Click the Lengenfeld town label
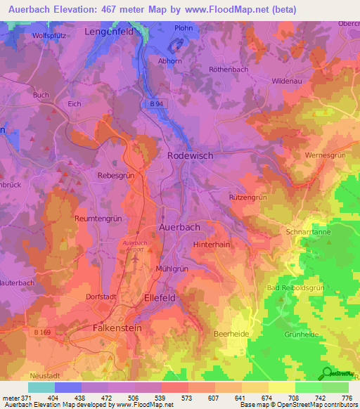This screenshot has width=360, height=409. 110,32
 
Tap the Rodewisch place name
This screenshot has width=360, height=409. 190,155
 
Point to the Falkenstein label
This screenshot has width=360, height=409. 117,328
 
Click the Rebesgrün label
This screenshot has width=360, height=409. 116,176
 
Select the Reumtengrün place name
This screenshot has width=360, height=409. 98,219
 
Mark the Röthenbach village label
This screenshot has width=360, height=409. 229,69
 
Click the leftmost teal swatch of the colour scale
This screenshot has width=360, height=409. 41,387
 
